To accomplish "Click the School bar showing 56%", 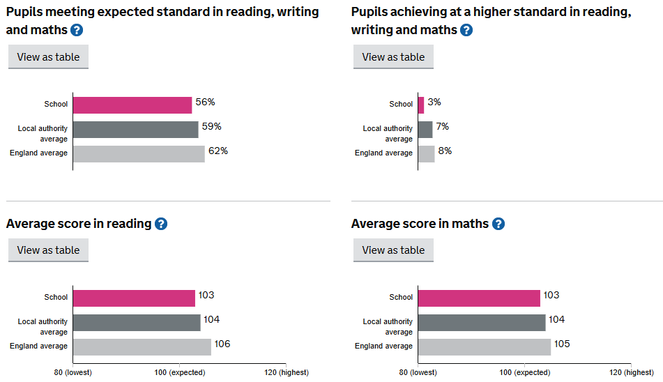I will coord(132,105).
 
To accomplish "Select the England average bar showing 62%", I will coord(139,153).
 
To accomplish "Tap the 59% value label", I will coord(212,127).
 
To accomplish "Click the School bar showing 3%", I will coord(421,105).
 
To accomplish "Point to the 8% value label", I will coord(445,151).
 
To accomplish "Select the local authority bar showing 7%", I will coord(425,129).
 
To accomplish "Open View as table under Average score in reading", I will coord(48,250).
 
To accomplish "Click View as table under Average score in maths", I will coord(393,250).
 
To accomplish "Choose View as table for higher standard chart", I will coord(393,57).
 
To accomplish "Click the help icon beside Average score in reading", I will coord(161,224).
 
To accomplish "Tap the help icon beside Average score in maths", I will coord(498,224).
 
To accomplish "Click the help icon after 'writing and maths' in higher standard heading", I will coord(466,30).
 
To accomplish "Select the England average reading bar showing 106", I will coord(142,346).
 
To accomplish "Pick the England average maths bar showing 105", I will coord(485,346).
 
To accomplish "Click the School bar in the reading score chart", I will coord(134,298).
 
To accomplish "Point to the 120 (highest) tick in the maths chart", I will coord(630,373).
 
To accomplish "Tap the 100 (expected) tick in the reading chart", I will coord(179,373).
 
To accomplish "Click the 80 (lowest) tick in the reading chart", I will coord(73,373).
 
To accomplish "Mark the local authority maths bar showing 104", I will coord(482,322).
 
